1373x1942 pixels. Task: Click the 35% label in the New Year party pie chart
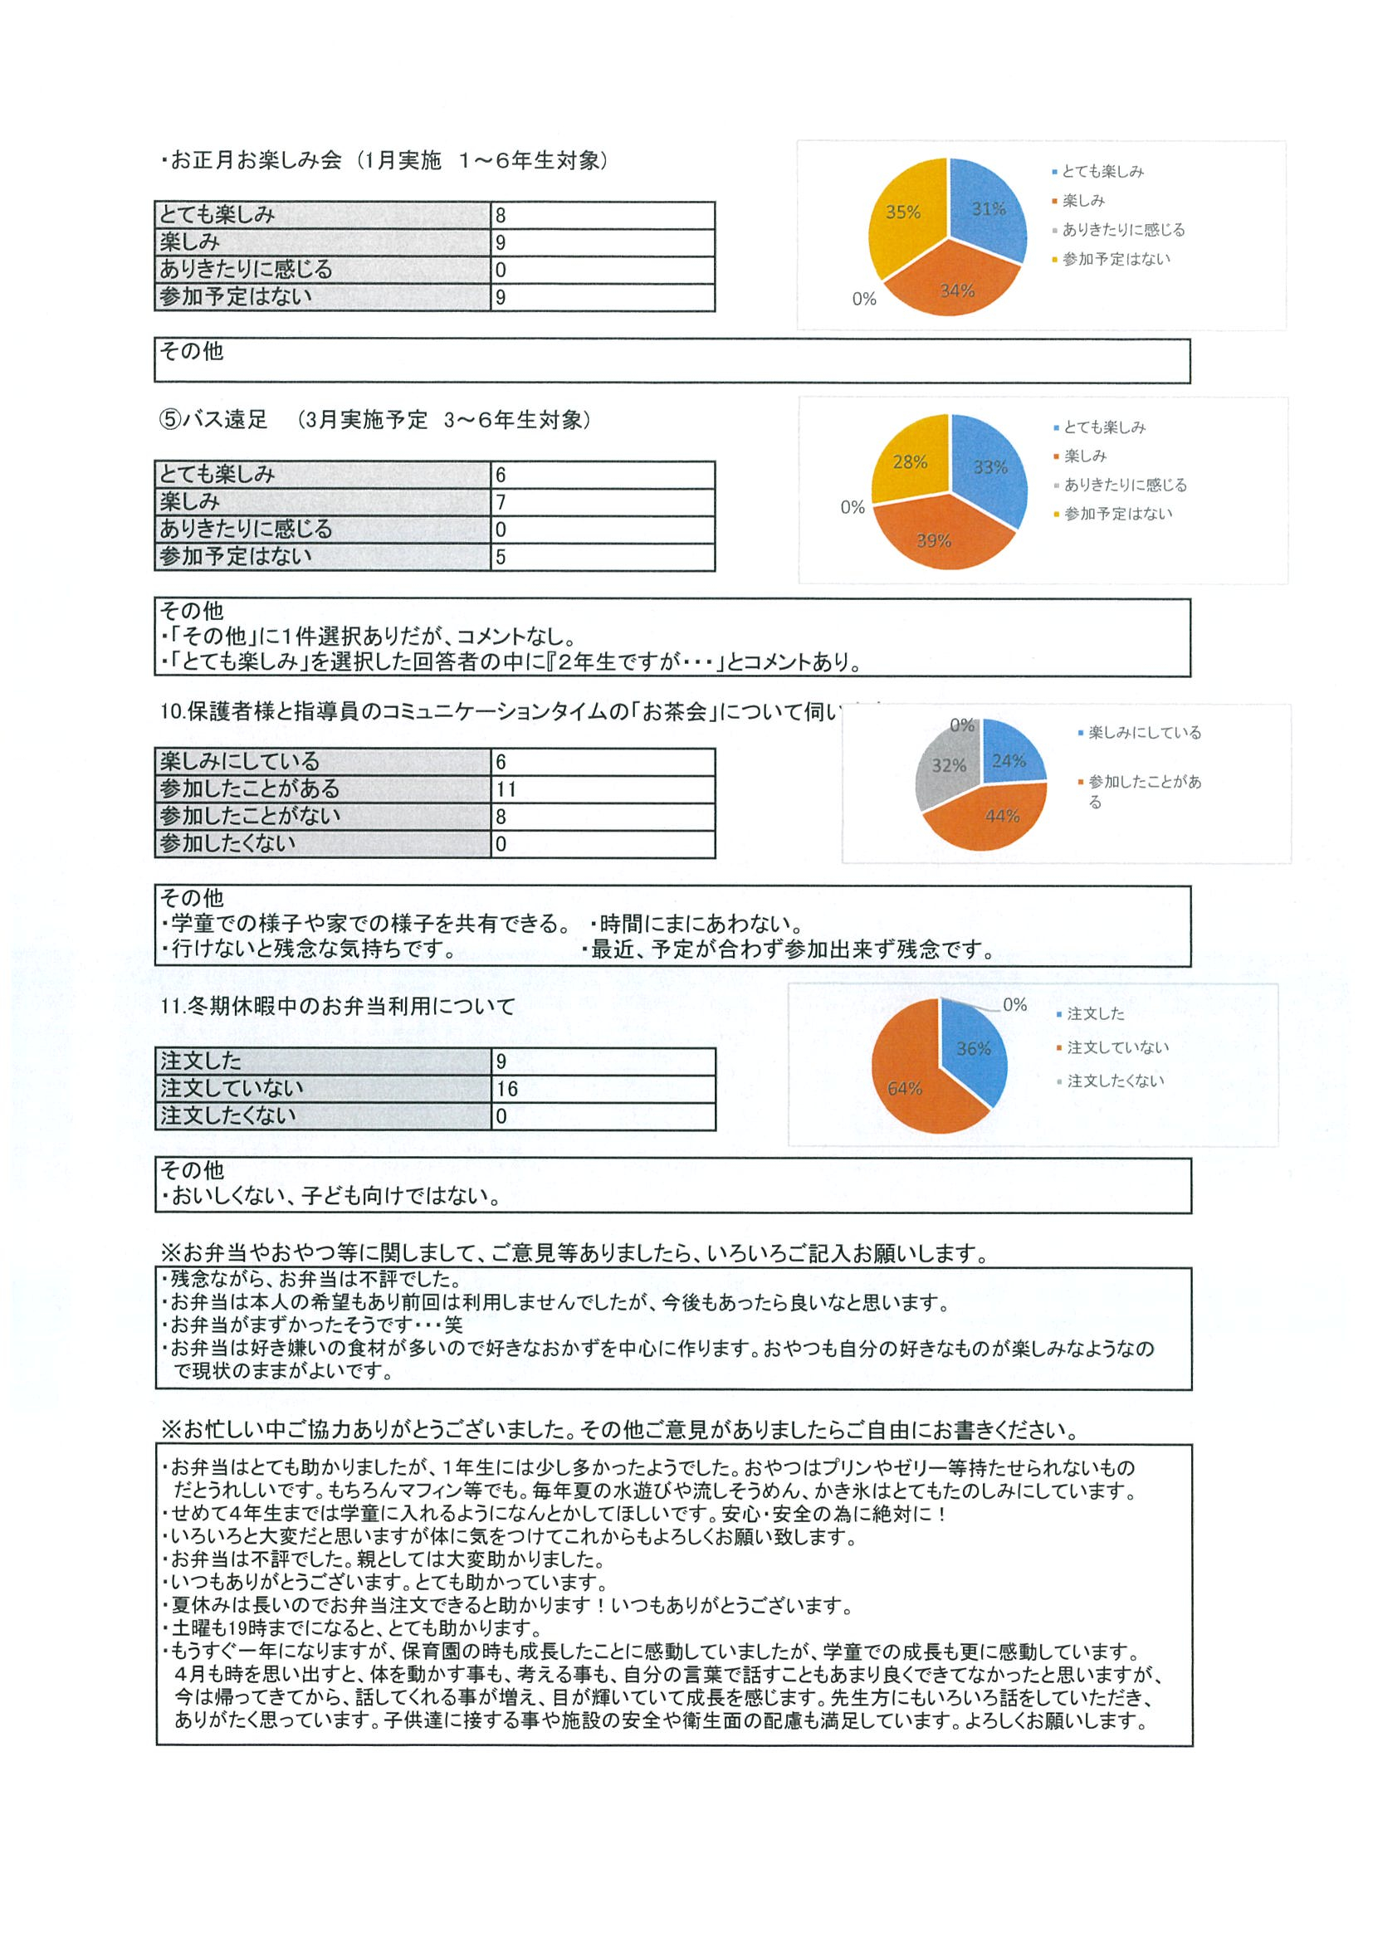(x=901, y=212)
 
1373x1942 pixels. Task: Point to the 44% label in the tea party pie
(x=1002, y=816)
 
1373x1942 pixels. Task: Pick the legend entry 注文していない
(x=1116, y=1047)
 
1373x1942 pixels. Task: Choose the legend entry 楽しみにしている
(x=1144, y=733)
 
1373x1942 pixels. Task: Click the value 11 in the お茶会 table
(x=506, y=790)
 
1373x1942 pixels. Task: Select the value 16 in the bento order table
(x=507, y=1090)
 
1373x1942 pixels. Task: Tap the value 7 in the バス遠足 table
(x=501, y=502)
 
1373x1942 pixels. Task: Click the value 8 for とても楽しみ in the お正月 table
(x=501, y=216)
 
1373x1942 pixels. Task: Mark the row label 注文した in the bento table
(x=201, y=1061)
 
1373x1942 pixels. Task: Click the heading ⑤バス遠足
(x=213, y=421)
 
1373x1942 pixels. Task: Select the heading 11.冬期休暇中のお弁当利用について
(x=338, y=1007)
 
